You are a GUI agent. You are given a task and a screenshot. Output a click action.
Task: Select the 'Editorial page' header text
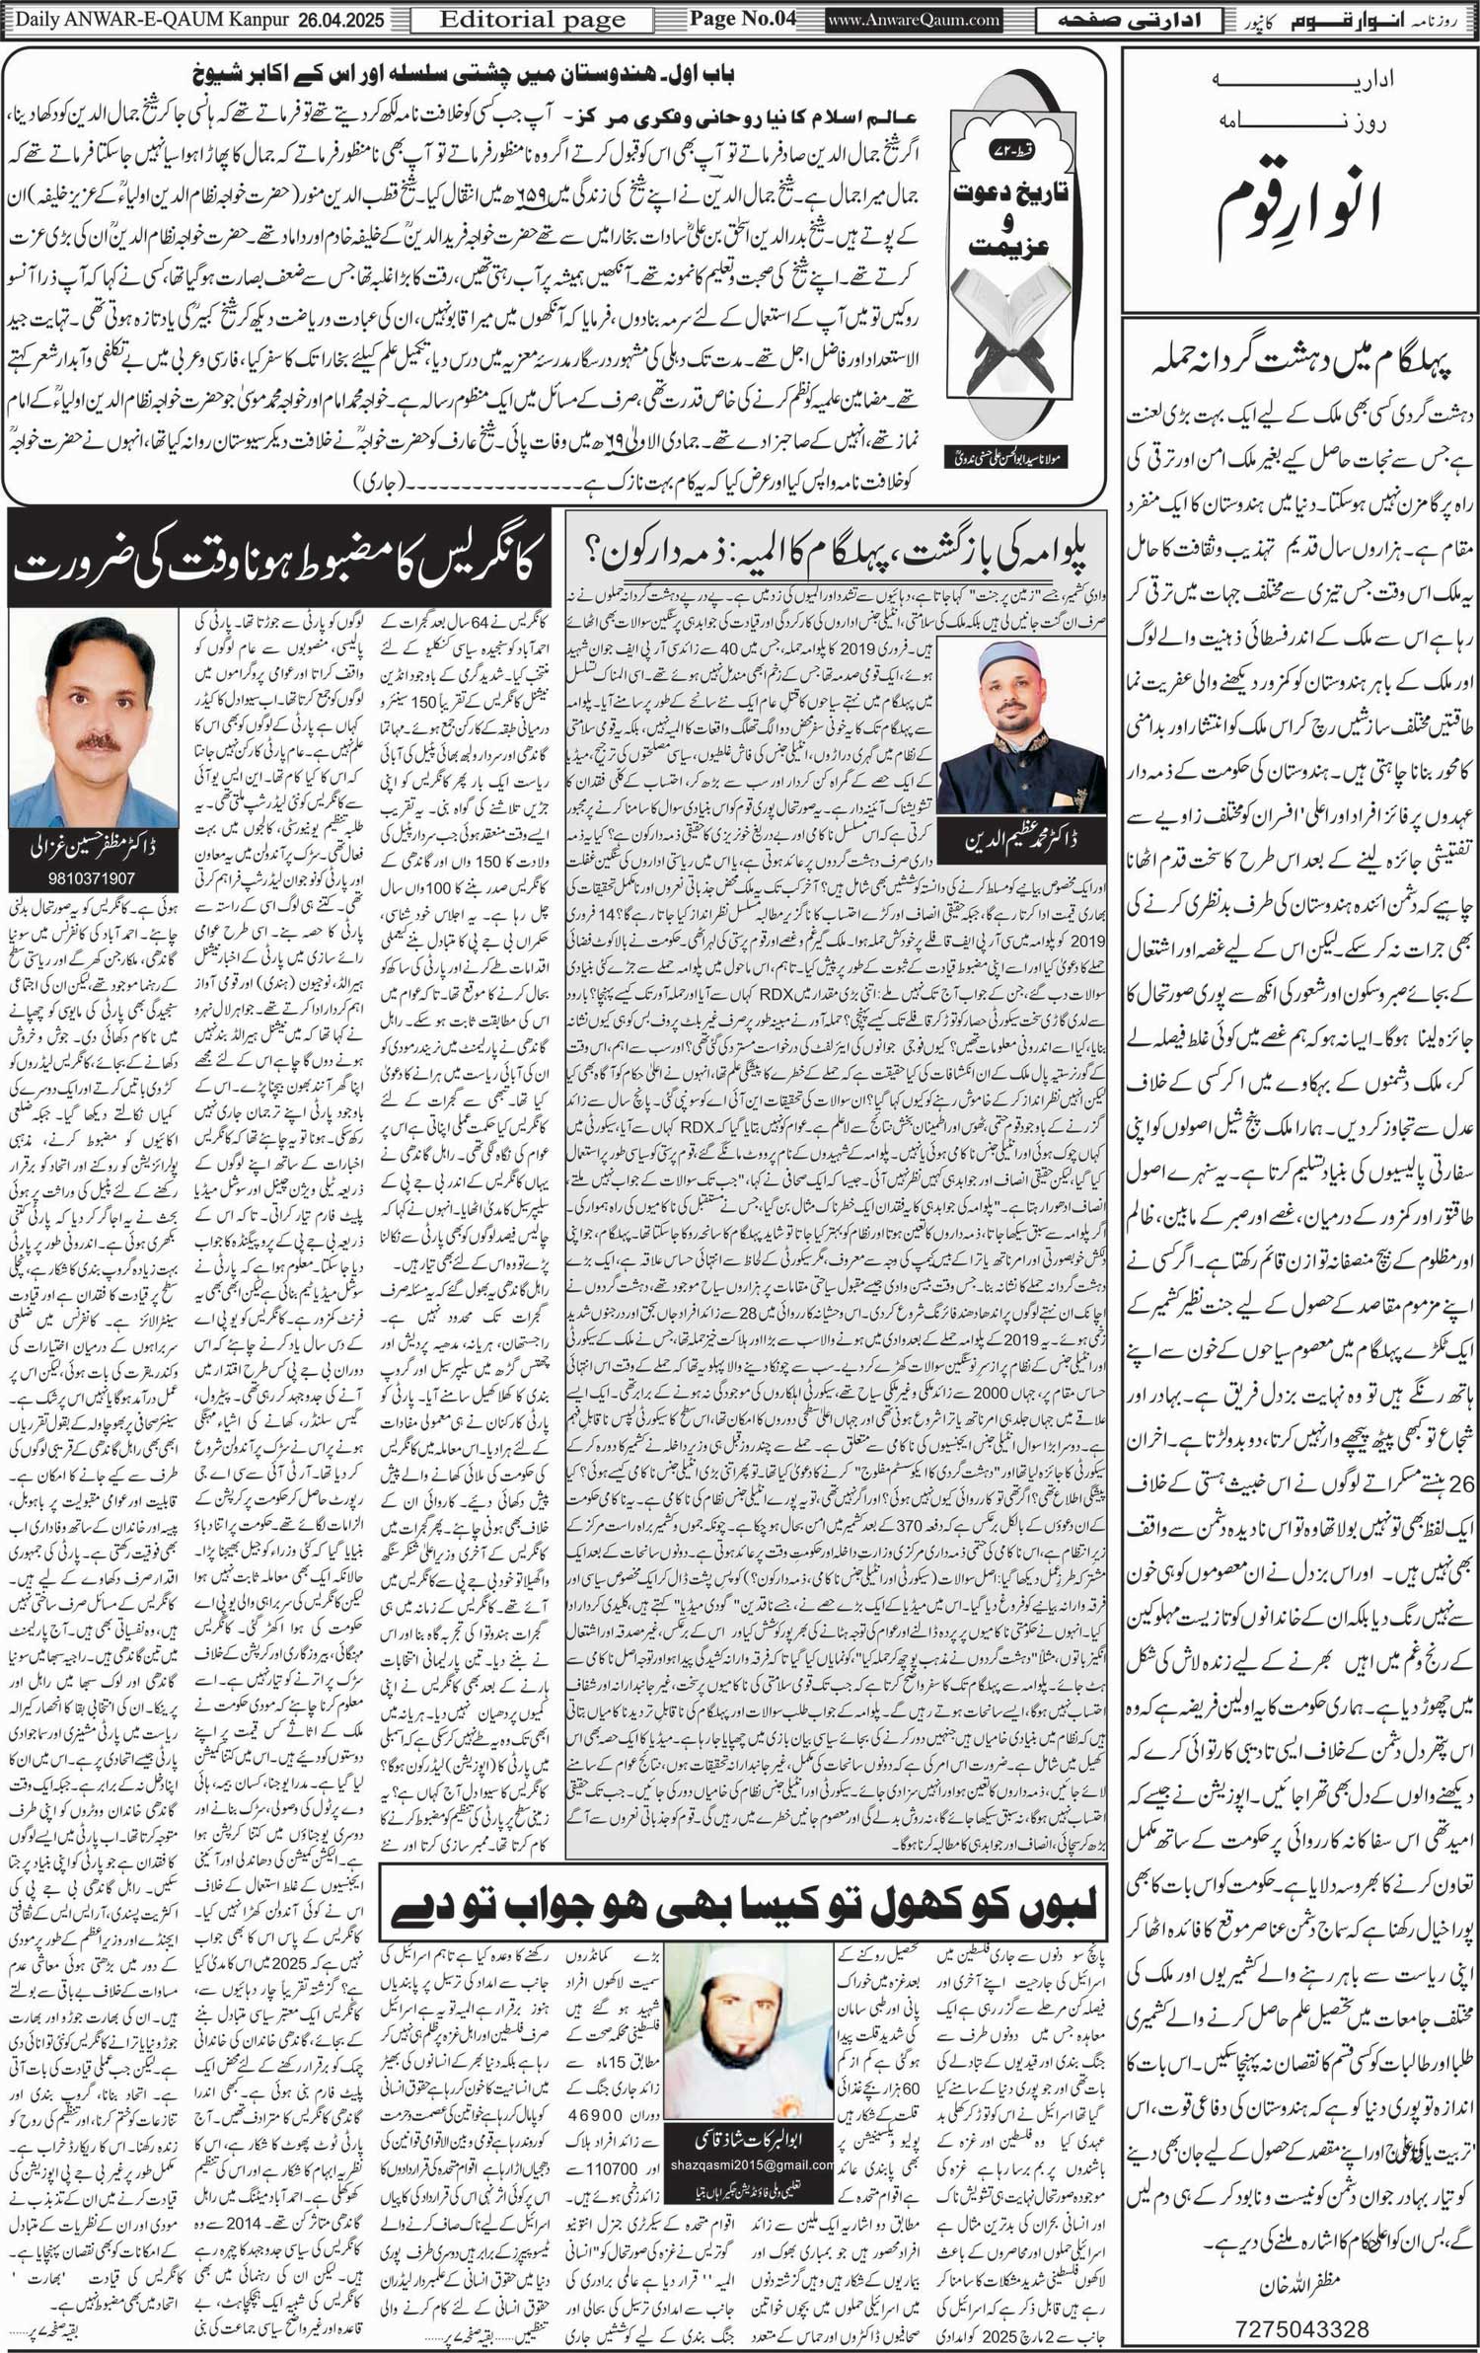coord(532,20)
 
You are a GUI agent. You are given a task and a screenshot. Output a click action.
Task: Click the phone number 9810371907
coord(92,877)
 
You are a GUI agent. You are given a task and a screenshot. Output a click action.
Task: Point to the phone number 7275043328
coord(1301,2328)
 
